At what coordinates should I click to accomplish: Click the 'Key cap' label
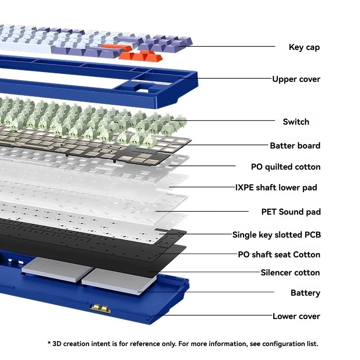point(304,47)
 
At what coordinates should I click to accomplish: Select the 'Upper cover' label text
point(296,79)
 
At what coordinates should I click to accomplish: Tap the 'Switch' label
point(296,121)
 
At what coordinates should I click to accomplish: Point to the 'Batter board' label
point(295,145)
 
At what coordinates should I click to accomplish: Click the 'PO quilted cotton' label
point(286,167)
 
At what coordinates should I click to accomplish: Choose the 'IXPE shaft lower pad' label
point(276,188)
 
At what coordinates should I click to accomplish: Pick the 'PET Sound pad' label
point(291,211)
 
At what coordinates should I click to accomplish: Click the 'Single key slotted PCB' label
point(277,234)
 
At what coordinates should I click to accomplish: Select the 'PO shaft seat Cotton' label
point(279,254)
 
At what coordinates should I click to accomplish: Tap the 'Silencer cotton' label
point(290,273)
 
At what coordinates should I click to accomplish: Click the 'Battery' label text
point(306,293)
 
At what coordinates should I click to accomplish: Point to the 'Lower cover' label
point(296,316)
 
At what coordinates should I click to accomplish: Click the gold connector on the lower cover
point(100,308)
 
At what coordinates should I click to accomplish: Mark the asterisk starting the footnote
point(49,343)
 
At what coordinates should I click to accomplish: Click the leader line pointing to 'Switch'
point(223,120)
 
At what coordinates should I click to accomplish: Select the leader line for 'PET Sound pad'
point(202,211)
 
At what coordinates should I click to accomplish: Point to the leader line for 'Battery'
point(206,292)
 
